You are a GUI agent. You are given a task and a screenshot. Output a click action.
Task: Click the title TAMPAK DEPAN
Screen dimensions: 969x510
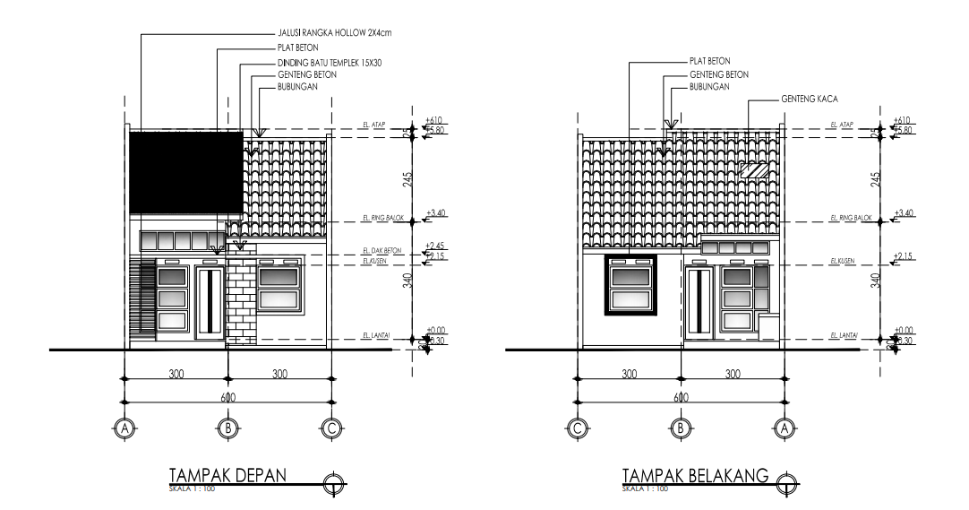pyautogui.click(x=226, y=476)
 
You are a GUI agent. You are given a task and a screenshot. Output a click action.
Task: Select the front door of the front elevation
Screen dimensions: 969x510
pyautogui.click(x=210, y=304)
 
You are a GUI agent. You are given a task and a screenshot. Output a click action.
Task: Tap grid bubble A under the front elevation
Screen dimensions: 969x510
pyautogui.click(x=124, y=428)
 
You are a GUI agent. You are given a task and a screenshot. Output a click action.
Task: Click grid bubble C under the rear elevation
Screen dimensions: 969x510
pyautogui.click(x=579, y=428)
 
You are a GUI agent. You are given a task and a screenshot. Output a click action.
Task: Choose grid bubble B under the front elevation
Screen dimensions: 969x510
pyautogui.click(x=227, y=428)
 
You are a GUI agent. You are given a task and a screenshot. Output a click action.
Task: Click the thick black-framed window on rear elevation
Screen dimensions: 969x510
pyautogui.click(x=632, y=286)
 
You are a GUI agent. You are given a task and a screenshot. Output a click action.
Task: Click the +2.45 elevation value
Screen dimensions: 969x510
pyautogui.click(x=438, y=246)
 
